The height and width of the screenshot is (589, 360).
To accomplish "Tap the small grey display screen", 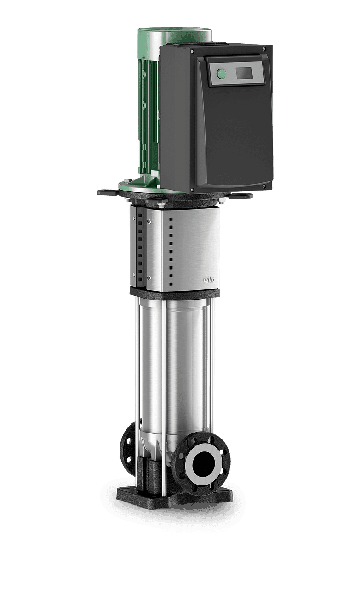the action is [244, 73].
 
